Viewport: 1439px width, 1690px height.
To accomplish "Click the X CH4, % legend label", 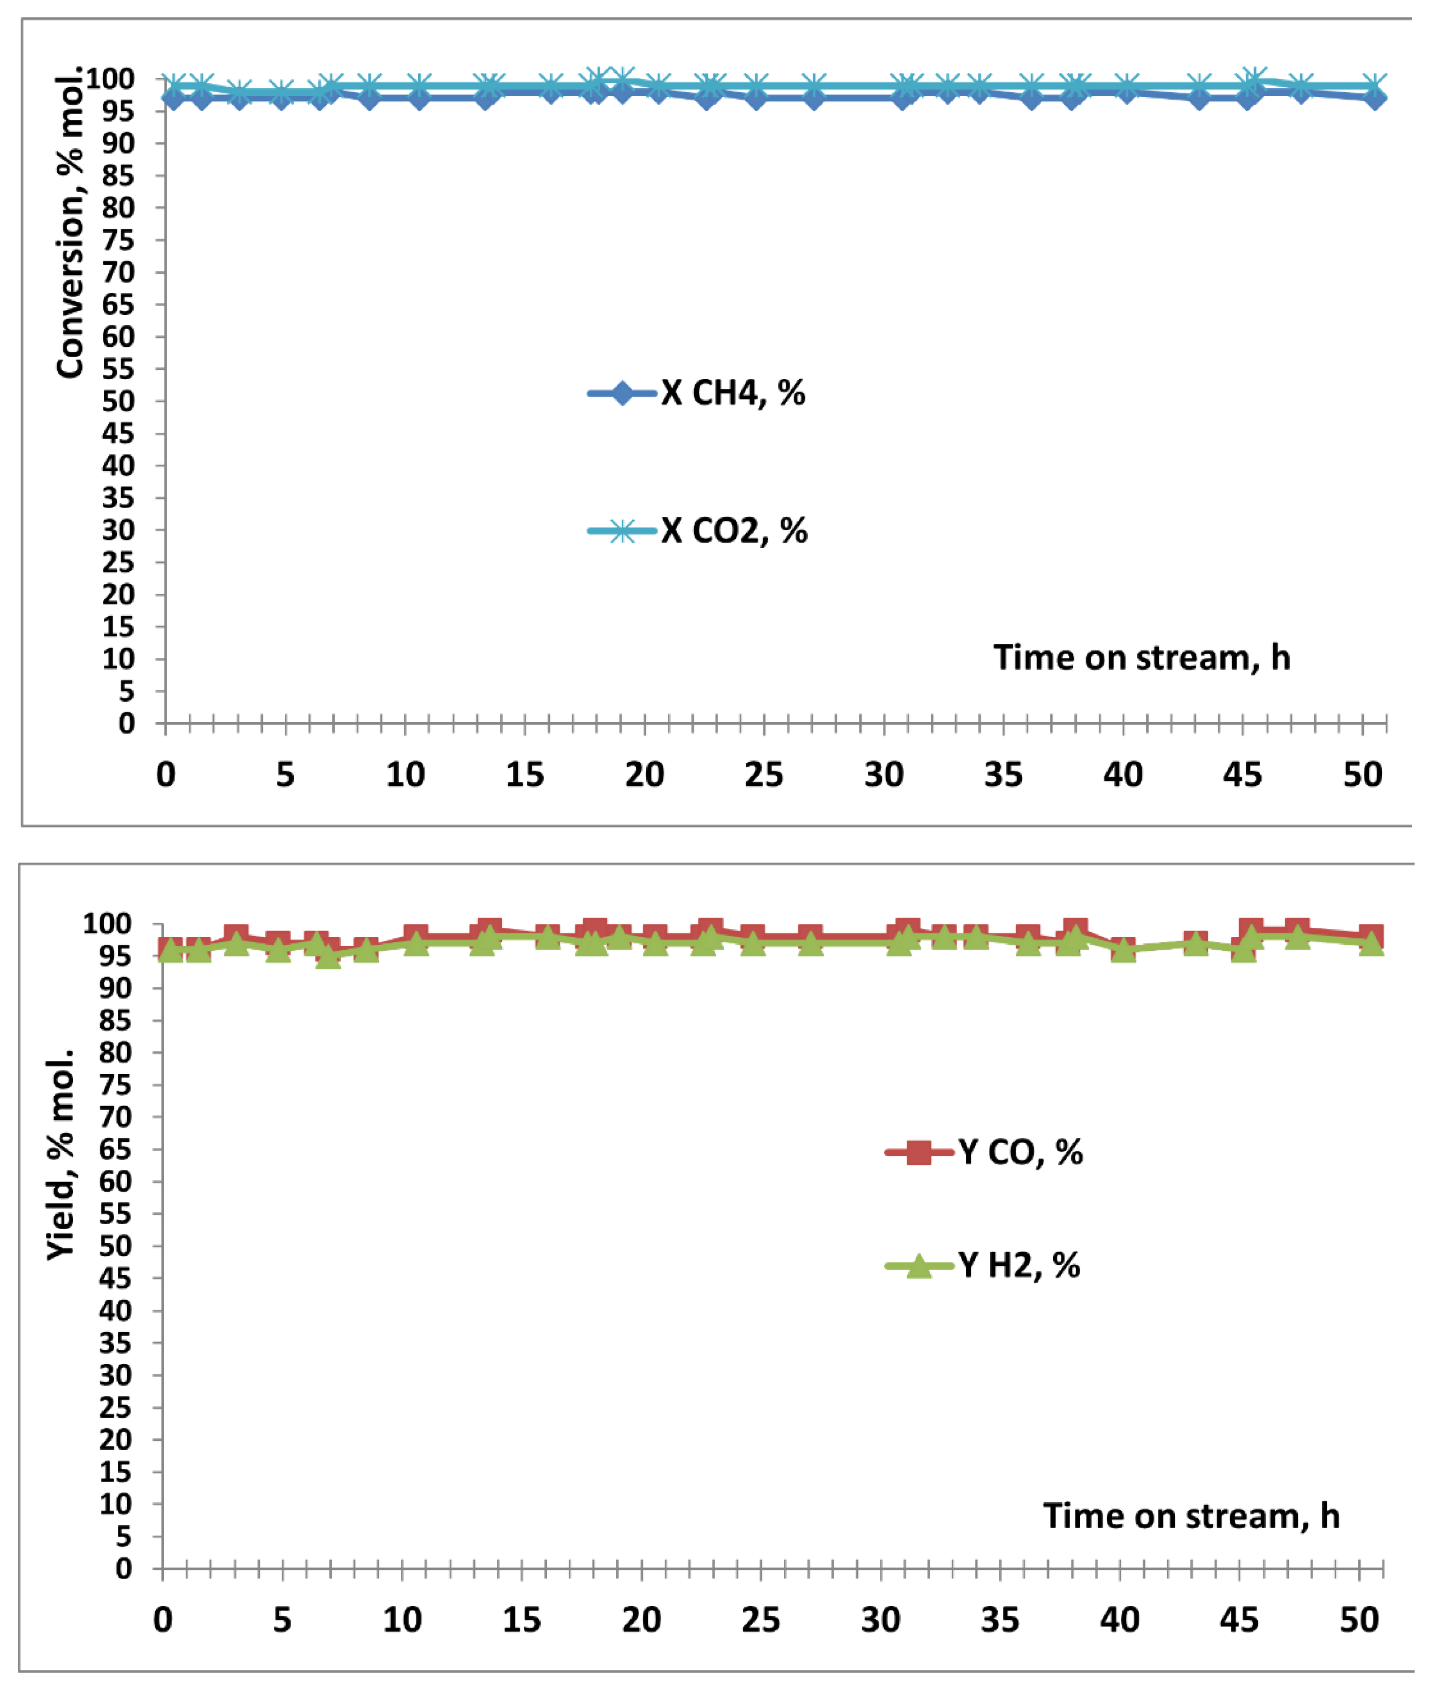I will pos(733,393).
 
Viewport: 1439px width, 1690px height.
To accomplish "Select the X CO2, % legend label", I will pos(734,531).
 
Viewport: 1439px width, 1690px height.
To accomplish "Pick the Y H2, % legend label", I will pos(1019,1265).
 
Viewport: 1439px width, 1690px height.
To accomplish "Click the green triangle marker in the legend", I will pos(919,1266).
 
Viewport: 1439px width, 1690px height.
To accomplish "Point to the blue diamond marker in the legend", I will pos(621,393).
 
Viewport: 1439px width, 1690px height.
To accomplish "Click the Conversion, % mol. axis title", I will pos(70,222).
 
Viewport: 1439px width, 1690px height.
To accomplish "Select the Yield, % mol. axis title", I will pos(61,1154).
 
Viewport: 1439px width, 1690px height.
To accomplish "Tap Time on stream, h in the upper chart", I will pos(1141,658).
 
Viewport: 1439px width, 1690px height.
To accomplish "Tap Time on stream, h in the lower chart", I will pos(1191,1515).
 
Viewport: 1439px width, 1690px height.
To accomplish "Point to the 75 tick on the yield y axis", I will pos(115,1085).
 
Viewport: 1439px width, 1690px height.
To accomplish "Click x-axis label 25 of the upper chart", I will pos(764,774).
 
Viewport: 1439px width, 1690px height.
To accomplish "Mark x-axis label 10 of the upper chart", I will pos(405,774).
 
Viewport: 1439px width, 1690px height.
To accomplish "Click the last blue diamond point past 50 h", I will pos(1375,98).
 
